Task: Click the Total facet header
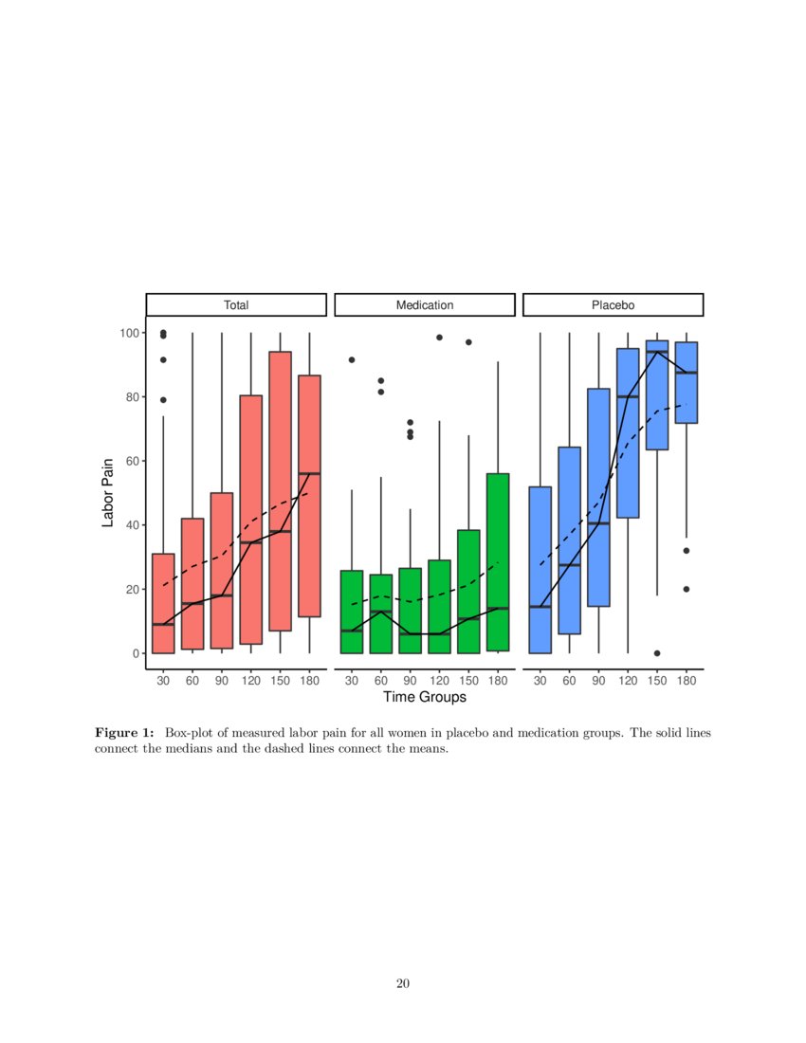point(236,305)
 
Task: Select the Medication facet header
point(424,305)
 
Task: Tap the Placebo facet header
point(613,305)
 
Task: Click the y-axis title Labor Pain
point(108,492)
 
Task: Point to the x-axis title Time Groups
point(424,697)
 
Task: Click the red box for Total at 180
point(309,496)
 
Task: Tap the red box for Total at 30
point(163,603)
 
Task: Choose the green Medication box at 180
point(498,561)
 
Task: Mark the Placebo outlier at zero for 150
point(657,653)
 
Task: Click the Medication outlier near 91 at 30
point(352,360)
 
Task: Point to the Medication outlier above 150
point(468,342)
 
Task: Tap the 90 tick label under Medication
point(410,680)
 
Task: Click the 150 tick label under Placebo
point(657,680)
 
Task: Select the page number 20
point(403,983)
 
